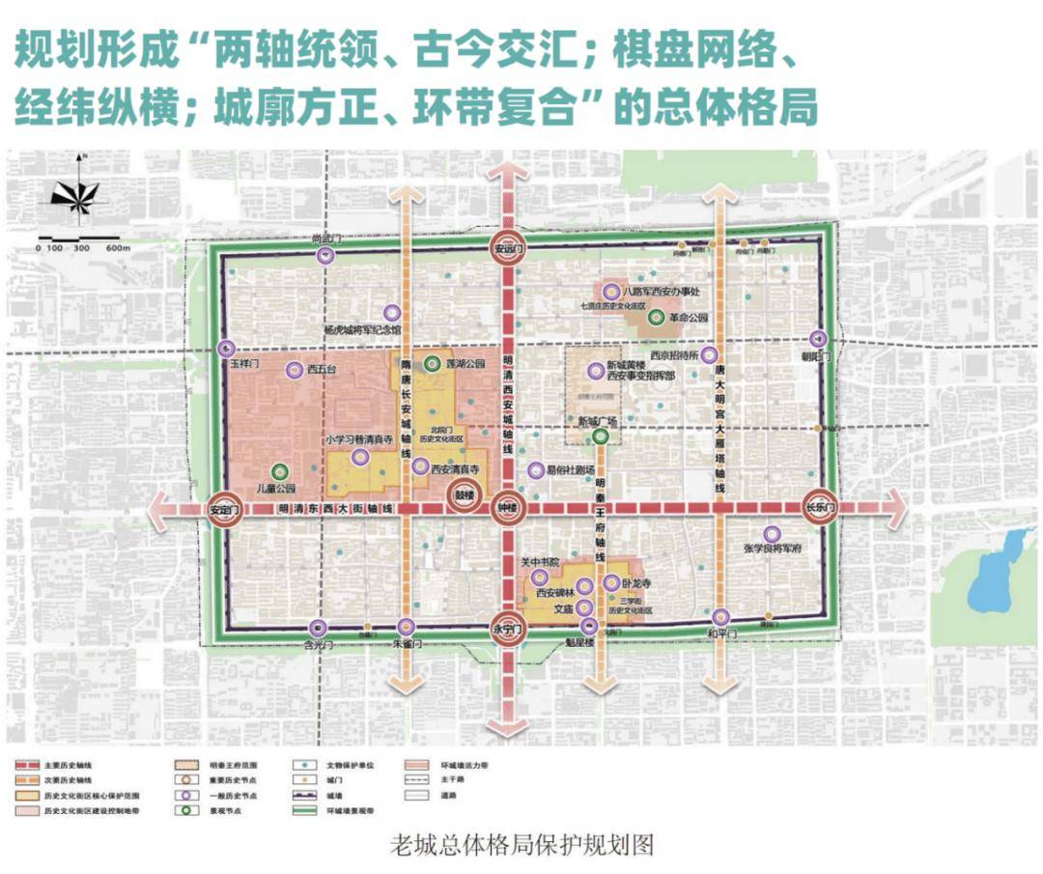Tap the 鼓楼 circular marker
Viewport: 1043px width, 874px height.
coord(466,497)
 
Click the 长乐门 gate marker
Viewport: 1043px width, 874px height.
coord(821,507)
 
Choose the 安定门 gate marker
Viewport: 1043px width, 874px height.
coord(224,509)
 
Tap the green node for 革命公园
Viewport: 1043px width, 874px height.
coord(656,317)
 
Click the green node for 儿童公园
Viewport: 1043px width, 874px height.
coord(280,471)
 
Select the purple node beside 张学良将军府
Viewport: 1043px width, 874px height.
coord(772,533)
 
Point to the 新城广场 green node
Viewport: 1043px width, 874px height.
coord(601,437)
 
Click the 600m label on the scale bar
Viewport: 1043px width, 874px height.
coord(119,248)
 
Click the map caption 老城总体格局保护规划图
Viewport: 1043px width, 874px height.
coord(521,845)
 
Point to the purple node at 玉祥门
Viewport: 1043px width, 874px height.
coord(227,350)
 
